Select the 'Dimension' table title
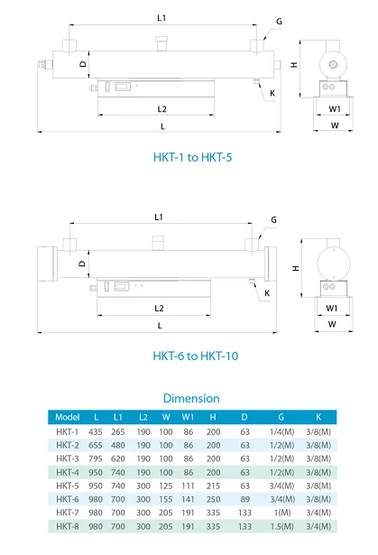pyautogui.click(x=190, y=398)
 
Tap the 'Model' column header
pyautogui.click(x=69, y=417)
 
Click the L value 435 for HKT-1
pyautogui.click(x=97, y=431)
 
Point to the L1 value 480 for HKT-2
pyautogui.click(x=118, y=445)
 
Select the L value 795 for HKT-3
pyautogui.click(x=97, y=458)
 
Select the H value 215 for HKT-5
pyautogui.click(x=213, y=485)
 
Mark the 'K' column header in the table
pyautogui.click(x=318, y=417)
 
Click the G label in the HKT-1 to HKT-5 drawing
pyautogui.click(x=279, y=20)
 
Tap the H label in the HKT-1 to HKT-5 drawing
pyautogui.click(x=295, y=65)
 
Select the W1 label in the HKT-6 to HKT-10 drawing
pyautogui.click(x=333, y=308)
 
